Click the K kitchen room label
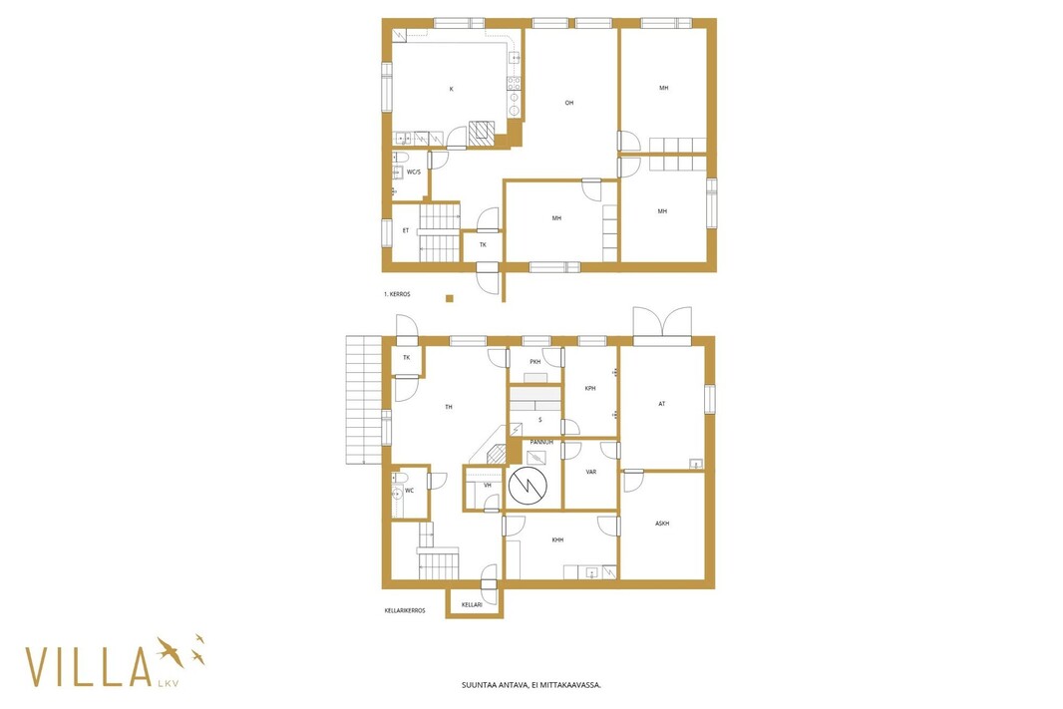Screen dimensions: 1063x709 coord(452,89)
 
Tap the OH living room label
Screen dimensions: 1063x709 coord(569,103)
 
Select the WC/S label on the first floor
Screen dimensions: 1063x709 coord(414,173)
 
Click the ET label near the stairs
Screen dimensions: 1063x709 coord(406,230)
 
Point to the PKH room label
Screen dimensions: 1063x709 coord(535,362)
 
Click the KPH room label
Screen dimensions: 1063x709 coord(590,388)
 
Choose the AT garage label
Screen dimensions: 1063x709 coord(662,404)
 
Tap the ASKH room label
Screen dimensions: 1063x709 coord(662,524)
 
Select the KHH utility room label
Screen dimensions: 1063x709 coord(558,540)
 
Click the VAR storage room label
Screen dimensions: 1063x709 coord(591,472)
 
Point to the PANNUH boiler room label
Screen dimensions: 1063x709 coord(541,442)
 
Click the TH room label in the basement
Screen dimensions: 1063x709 coord(448,408)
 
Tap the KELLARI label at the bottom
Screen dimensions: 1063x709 coord(472,604)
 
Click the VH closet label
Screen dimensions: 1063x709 coord(488,486)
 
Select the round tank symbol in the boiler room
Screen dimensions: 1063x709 coord(529,486)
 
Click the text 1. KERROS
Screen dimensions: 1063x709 coord(397,294)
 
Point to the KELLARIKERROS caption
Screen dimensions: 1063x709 coord(405,610)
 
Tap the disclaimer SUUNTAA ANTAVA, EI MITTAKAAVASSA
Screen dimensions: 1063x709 coord(531,685)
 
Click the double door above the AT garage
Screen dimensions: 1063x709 coord(662,323)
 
